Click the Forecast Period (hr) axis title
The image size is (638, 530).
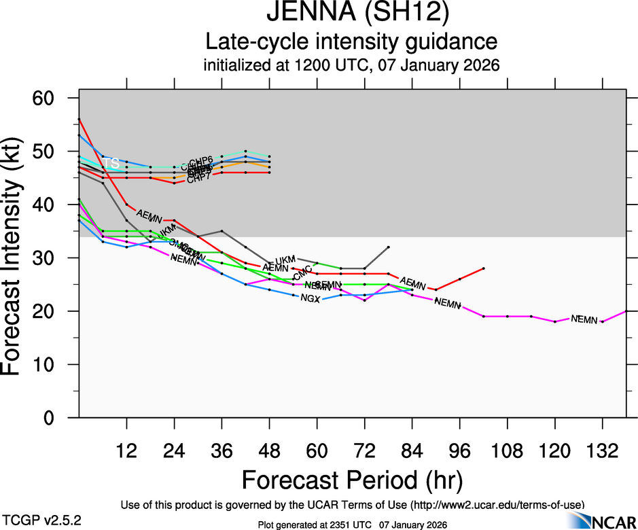[x=352, y=480]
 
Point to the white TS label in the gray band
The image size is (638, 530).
[x=112, y=164]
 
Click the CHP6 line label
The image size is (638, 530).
[x=201, y=160]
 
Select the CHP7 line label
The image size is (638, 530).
[x=198, y=178]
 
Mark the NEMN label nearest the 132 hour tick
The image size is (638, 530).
[x=584, y=319]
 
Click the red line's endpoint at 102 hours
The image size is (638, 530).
[x=483, y=268]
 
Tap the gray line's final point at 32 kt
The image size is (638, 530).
[x=388, y=247]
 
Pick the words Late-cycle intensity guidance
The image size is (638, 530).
[x=351, y=42]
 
